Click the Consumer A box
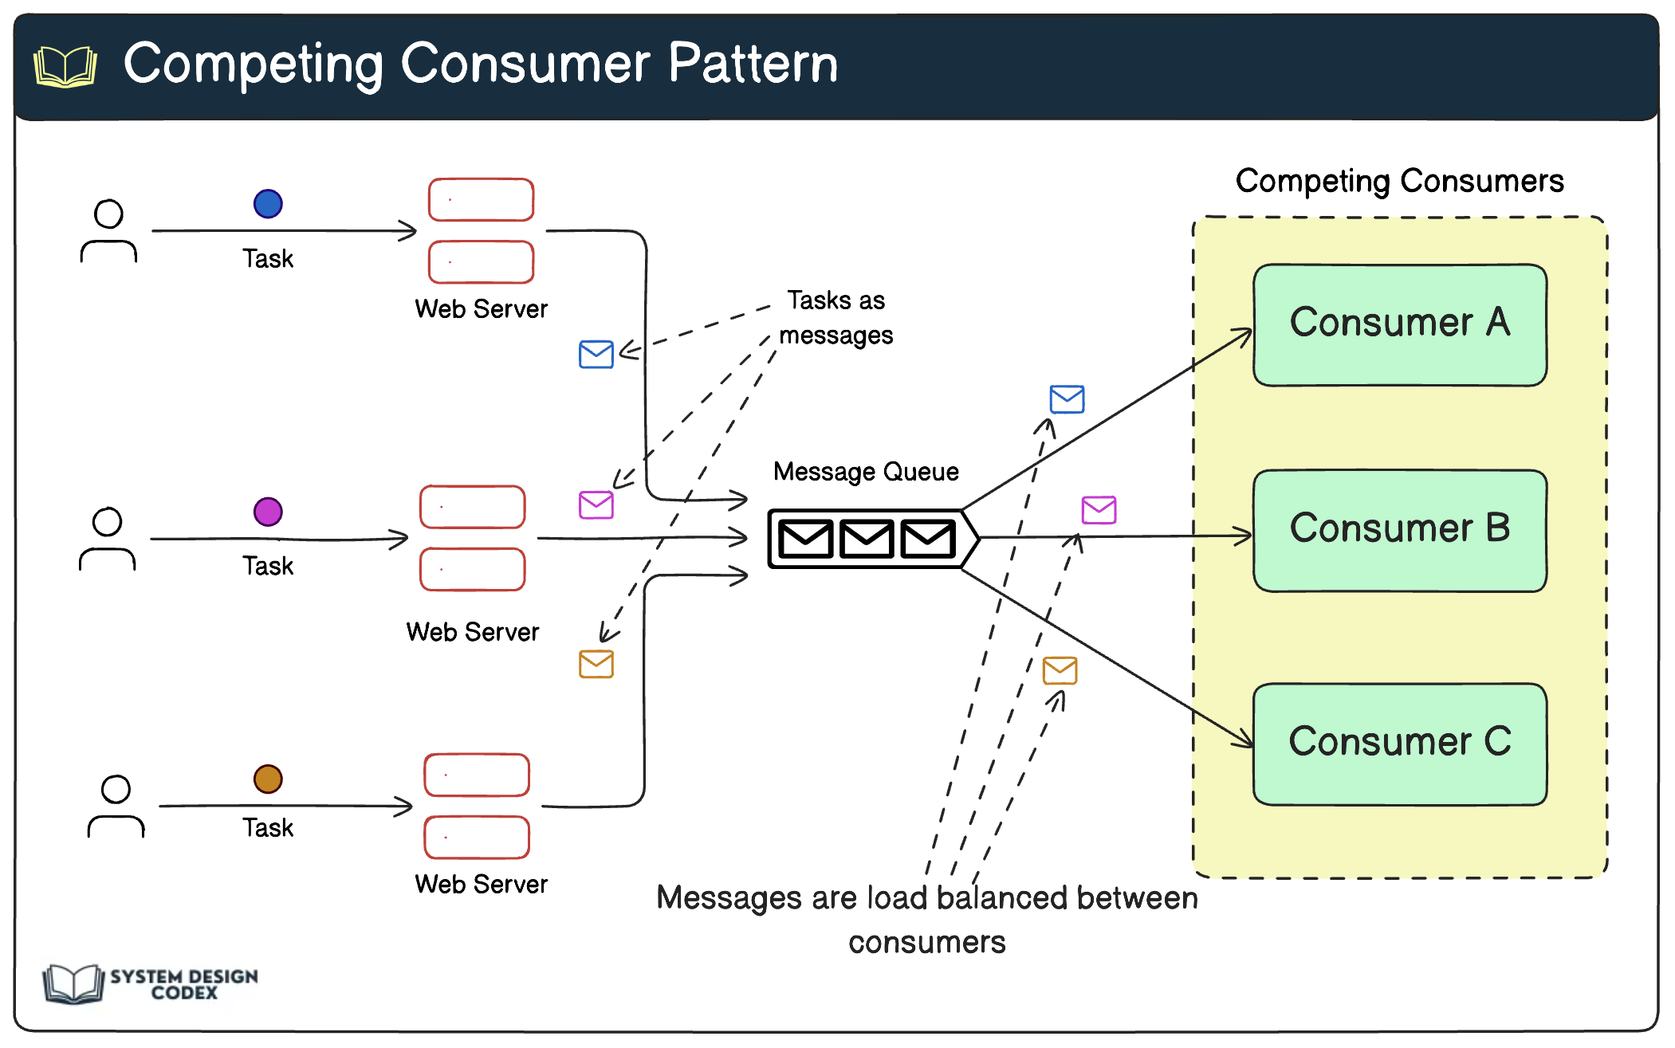coord(1399,325)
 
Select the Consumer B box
coord(1399,531)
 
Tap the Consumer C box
coord(1399,744)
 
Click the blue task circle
coord(268,204)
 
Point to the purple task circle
coord(268,512)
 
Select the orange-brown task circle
coord(268,779)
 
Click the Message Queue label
coord(866,472)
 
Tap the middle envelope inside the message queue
coord(867,539)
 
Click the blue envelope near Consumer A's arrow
coord(1067,399)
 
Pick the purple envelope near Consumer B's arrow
coord(1099,510)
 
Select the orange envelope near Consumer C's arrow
coord(1060,671)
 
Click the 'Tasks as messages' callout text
coord(836,318)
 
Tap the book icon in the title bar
coord(65,66)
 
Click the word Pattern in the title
coord(753,64)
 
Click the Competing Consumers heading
coord(1399,182)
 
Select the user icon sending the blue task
coord(108,231)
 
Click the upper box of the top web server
coord(481,200)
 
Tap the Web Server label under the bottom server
coord(481,885)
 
